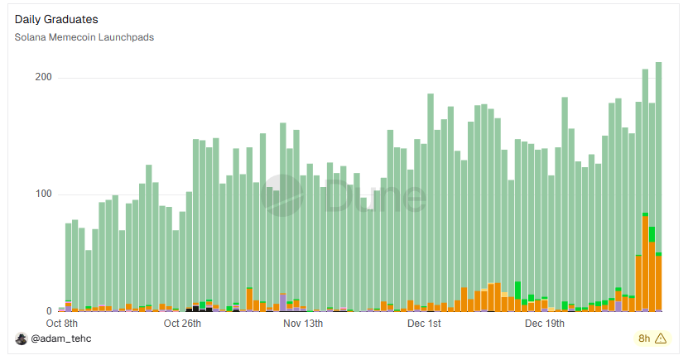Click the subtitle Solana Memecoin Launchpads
[84, 37]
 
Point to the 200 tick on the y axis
[42, 77]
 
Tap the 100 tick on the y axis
[42, 194]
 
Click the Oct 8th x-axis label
[62, 323]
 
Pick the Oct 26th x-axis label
[181, 323]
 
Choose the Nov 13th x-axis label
[303, 323]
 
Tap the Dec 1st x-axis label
[423, 323]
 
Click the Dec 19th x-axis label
[544, 323]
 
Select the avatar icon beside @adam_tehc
[22, 338]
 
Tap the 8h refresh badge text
[644, 338]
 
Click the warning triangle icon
[661, 338]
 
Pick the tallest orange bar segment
[645, 265]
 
